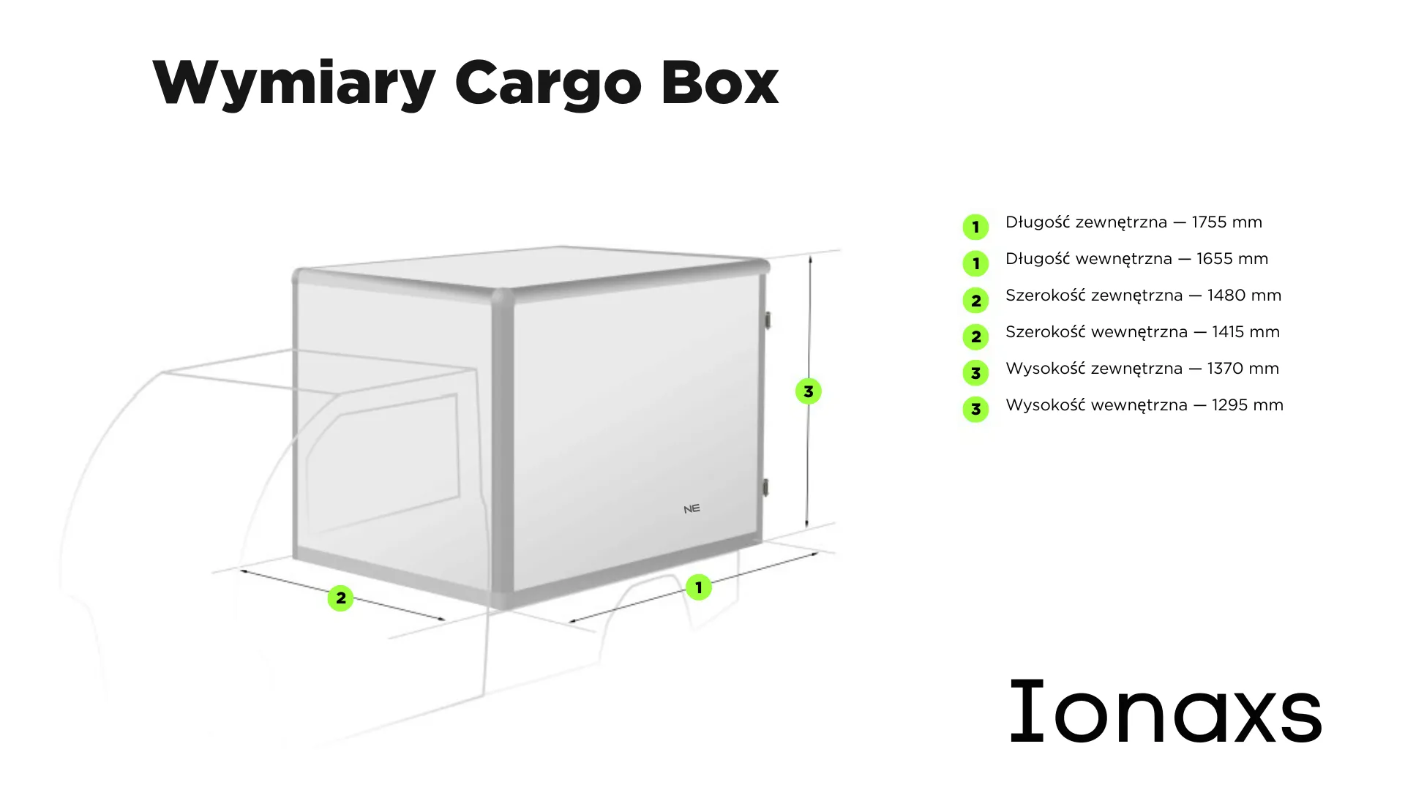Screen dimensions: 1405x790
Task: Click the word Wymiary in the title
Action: coord(294,83)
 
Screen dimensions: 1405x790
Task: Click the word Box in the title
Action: coord(720,82)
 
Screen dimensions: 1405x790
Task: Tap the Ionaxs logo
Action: coord(1166,711)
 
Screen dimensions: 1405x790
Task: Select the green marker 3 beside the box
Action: coord(809,391)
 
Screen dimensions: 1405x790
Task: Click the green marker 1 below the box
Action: coord(699,587)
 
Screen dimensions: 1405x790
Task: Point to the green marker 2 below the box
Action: coord(340,598)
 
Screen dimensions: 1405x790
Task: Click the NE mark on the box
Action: coord(692,508)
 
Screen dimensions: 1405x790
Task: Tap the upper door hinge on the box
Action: coord(767,320)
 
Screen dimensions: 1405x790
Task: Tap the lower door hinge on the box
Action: coord(766,487)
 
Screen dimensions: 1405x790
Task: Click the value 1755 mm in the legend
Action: coord(1227,222)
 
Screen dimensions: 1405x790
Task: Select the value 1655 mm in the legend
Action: coord(1232,259)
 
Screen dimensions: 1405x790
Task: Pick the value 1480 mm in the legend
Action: coord(1245,296)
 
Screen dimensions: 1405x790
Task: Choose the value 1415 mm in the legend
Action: coord(1246,332)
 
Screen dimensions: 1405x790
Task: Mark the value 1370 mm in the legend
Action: coord(1243,369)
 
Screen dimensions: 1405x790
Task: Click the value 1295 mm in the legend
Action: coord(1248,405)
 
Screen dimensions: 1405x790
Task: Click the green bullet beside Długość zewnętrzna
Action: coord(975,227)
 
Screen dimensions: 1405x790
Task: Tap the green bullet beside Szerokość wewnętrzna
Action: coord(975,336)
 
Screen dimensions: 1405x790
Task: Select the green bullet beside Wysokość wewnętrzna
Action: coord(975,410)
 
